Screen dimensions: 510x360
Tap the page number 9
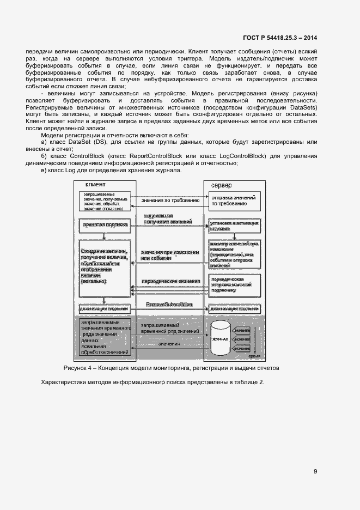[315, 472]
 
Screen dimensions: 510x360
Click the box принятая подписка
[105, 224]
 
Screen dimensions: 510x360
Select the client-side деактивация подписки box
[105, 308]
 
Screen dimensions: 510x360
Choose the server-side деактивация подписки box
[234, 308]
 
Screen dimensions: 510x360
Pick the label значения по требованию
[169, 201]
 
